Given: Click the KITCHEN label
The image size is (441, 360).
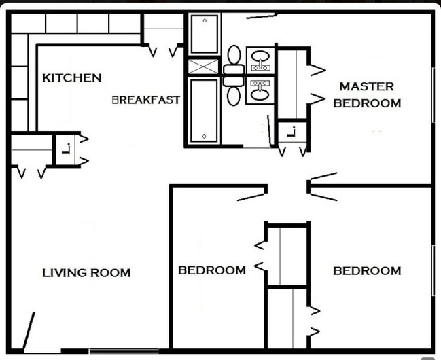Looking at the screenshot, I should [71, 78].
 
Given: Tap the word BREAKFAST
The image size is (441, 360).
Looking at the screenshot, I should [145, 100].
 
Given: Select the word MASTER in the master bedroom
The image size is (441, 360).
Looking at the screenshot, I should [366, 87].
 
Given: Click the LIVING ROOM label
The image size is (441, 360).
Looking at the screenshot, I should [86, 273].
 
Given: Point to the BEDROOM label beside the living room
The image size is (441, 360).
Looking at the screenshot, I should [211, 270].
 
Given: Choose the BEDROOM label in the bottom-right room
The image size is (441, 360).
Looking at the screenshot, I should [366, 270].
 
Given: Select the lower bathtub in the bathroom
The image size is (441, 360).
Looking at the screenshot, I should [204, 110].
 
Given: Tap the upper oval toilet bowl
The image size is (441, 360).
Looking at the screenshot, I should [234, 54].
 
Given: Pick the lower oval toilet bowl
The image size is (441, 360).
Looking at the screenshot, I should [234, 95].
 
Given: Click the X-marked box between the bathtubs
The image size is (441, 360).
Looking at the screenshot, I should [204, 67].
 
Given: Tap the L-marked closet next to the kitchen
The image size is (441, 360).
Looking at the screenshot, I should [66, 148].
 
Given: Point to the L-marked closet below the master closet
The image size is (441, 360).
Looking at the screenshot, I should [292, 132].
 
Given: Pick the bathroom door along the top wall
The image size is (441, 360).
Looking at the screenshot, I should [262, 15].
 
